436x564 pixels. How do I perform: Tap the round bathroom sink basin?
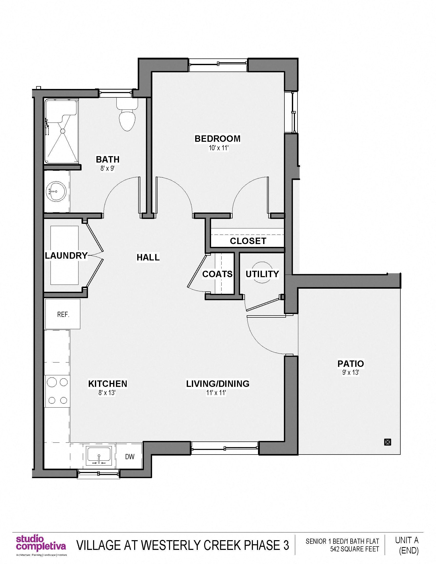click(56, 192)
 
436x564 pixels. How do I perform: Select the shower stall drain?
click(62, 132)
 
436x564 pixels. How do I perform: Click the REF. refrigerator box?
click(63, 314)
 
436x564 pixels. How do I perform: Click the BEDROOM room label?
click(217, 139)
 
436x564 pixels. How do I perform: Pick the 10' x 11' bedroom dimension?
click(219, 148)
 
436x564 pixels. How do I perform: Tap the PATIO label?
click(351, 364)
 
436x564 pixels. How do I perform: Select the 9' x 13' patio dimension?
click(351, 373)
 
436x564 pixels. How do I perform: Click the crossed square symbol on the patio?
click(388, 442)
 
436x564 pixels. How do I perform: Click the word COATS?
click(217, 274)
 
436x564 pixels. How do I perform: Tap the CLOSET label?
click(248, 241)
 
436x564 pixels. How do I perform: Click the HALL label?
click(148, 257)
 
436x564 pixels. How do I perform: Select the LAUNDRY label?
click(66, 256)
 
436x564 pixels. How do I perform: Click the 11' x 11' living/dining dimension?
click(216, 393)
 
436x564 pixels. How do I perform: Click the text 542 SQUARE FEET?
click(354, 549)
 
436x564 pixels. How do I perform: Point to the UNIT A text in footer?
click(407, 540)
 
